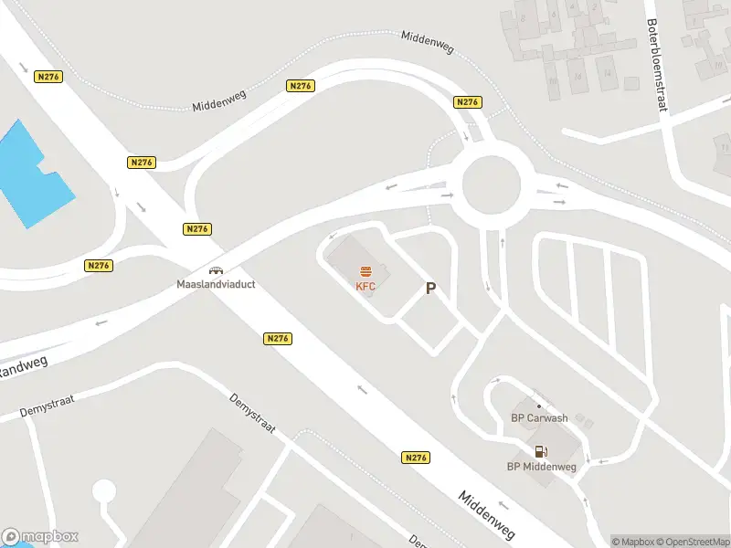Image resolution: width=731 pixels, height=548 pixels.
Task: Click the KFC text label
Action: pyautogui.click(x=366, y=285)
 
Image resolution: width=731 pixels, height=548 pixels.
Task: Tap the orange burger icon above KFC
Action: pyautogui.click(x=366, y=270)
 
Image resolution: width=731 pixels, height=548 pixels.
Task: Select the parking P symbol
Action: pyautogui.click(x=430, y=289)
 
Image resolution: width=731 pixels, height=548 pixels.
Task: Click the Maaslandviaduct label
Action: pyautogui.click(x=216, y=284)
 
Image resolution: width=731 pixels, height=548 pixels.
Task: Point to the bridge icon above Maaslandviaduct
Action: pyautogui.click(x=217, y=270)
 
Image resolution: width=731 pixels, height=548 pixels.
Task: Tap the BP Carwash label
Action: pyautogui.click(x=538, y=418)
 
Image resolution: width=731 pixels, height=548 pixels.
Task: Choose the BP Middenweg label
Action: pyautogui.click(x=542, y=467)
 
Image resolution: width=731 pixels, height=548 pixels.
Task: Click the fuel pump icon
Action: pyautogui.click(x=541, y=450)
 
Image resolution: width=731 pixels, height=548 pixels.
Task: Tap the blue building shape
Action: pyautogui.click(x=32, y=174)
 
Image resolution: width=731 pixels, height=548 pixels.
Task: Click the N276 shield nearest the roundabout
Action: pyautogui.click(x=467, y=102)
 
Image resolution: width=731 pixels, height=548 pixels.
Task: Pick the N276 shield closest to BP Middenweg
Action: pyautogui.click(x=415, y=457)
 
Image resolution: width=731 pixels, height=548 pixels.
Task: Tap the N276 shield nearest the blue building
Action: pyautogui.click(x=48, y=77)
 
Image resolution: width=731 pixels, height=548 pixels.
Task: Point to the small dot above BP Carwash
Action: pyautogui.click(x=538, y=406)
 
